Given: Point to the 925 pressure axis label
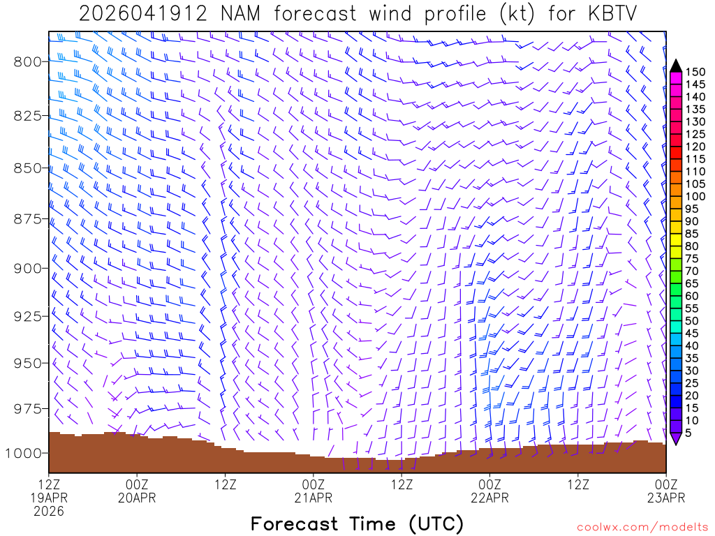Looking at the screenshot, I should [26, 316].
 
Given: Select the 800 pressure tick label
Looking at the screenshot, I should [26, 61].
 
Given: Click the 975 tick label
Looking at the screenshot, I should [26, 408].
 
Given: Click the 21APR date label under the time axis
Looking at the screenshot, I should [314, 498].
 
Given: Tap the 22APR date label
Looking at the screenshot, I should [489, 498].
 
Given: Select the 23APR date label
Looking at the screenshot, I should [665, 498].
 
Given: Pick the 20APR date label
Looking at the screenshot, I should [138, 498].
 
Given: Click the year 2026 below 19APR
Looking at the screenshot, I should [49, 511].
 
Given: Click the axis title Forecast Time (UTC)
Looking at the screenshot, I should [357, 523].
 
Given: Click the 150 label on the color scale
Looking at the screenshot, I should [695, 72].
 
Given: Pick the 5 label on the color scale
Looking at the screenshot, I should [688, 433].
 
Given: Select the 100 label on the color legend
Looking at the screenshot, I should [695, 196].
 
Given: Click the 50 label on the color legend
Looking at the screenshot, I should [692, 320].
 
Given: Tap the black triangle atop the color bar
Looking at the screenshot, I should [676, 66].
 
